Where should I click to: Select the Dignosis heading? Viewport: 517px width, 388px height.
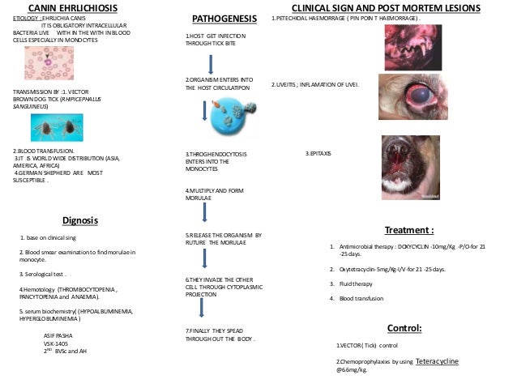pyautogui.click(x=79, y=220)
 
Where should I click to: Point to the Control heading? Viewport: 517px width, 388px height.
pyautogui.click(x=404, y=328)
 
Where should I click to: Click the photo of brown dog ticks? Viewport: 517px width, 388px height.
pyautogui.click(x=57, y=129)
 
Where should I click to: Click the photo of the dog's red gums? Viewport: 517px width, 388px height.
pyautogui.click(x=411, y=49)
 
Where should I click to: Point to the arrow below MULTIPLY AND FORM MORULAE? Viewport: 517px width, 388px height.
pyautogui.click(x=204, y=212)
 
